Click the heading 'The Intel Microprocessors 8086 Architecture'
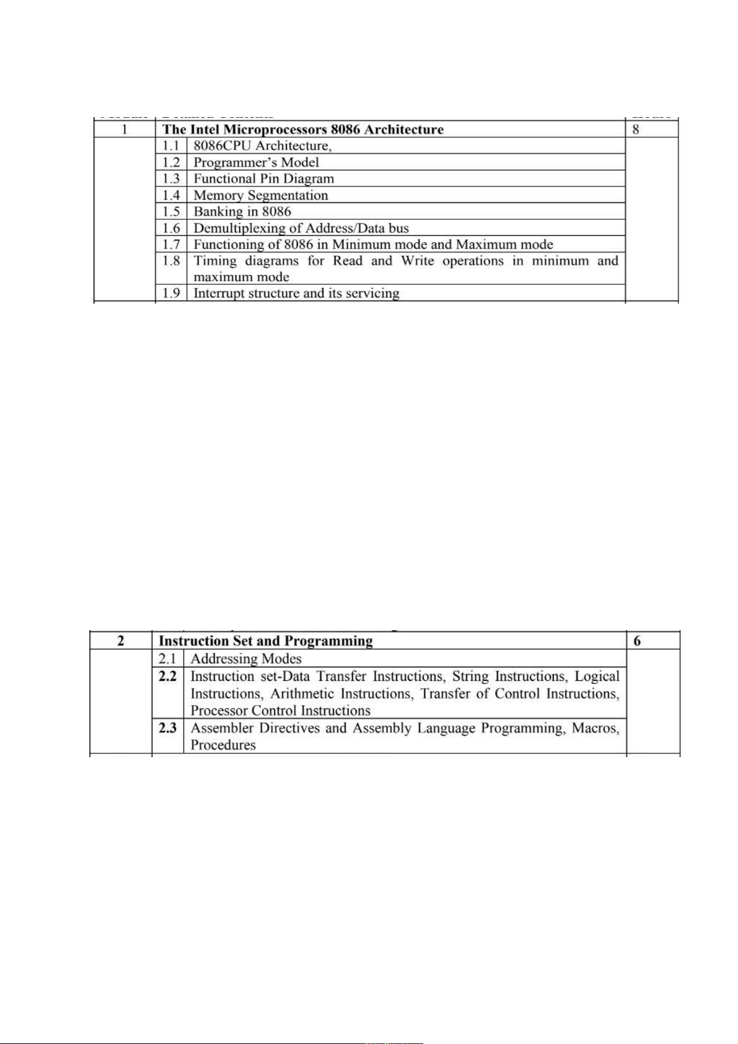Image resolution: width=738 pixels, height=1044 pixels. point(302,129)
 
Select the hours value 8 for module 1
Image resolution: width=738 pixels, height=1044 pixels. point(636,129)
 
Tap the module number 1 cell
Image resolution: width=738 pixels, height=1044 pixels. point(125,129)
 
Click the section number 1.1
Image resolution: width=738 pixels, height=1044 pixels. point(171,146)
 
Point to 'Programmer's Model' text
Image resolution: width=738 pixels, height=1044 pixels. point(256,162)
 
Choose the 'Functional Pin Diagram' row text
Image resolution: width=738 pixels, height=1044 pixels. point(263,178)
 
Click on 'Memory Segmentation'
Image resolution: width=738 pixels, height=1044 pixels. point(260,195)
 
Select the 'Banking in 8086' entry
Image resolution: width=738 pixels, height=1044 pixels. point(242,211)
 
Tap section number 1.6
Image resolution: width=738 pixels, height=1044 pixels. point(171,228)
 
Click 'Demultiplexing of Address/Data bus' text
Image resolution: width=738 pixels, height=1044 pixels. point(301,228)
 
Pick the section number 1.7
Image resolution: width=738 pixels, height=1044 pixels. point(171,244)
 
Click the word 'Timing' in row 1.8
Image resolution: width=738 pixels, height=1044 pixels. point(215,261)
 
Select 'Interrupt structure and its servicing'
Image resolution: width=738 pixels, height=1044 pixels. point(296,293)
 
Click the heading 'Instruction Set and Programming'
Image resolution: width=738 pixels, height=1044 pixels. point(266,641)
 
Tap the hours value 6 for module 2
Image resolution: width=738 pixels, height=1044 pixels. point(637,641)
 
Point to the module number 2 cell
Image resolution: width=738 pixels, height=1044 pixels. point(121,641)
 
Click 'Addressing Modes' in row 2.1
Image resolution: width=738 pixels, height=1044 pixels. point(246,659)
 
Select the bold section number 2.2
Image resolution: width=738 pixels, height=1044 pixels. point(167,676)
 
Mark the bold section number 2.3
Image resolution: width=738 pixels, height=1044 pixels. point(167,728)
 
